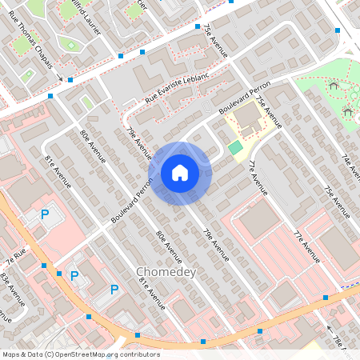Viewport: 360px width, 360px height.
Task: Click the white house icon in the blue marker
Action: click(x=179, y=173)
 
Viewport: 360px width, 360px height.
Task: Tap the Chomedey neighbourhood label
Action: click(x=166, y=272)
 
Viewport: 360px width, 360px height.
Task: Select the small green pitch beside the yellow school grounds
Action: click(x=234, y=147)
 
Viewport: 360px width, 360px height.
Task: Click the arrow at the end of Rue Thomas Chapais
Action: click(x=59, y=78)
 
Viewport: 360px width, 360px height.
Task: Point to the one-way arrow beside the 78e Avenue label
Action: click(x=329, y=328)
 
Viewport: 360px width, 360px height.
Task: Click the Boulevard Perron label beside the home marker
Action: click(x=133, y=200)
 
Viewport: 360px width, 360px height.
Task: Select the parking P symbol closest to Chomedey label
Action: click(x=114, y=290)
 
